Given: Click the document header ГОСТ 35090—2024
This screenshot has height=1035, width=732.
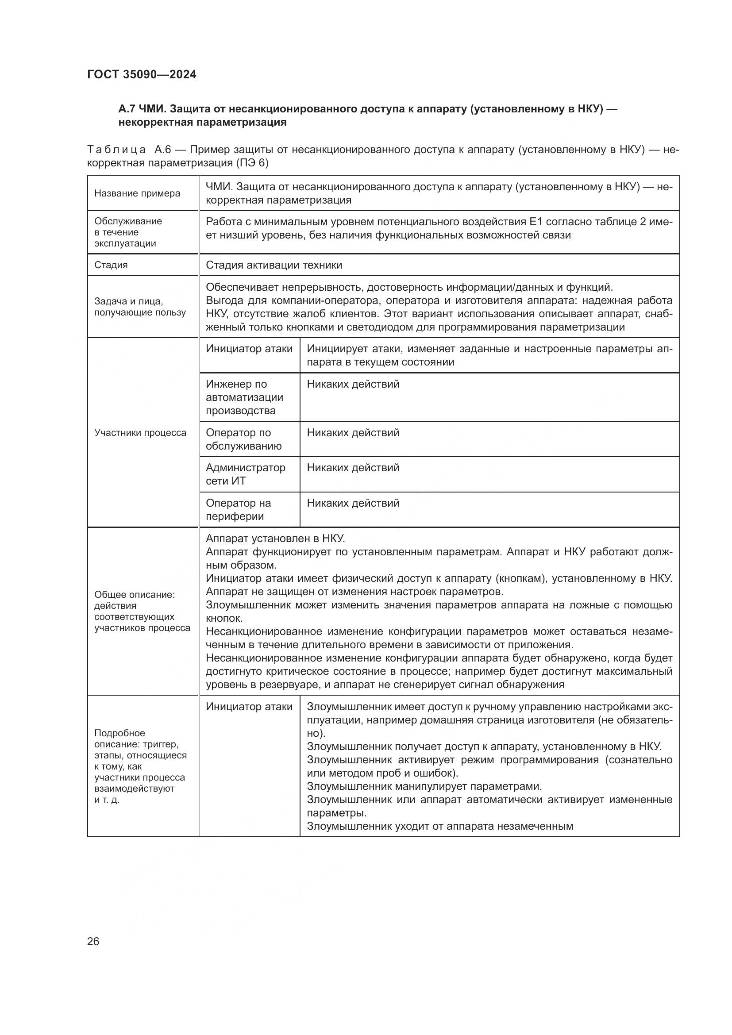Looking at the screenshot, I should coord(142,74).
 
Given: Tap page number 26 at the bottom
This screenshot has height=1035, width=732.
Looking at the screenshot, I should coord(93,941).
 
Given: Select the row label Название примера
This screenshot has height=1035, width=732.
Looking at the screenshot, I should coord(137,193).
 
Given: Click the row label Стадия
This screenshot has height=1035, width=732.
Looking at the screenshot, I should coord(111,265).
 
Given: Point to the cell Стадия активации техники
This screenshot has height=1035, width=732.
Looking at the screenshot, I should coord(274,265).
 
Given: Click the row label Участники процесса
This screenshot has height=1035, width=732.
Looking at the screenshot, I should coord(140,433).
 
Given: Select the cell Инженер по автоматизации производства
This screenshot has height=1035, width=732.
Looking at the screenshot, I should coord(244,397).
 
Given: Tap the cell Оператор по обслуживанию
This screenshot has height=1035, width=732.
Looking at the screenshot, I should coord(243,439).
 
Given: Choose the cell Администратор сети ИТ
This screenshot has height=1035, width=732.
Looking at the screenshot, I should coord(245,474).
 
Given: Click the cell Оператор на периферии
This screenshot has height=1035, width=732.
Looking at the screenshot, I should coord(238,509).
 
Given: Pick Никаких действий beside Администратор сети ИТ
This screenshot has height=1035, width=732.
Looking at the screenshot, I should coord(353,467).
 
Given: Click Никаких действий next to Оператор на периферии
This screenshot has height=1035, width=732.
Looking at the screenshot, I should coord(353,503).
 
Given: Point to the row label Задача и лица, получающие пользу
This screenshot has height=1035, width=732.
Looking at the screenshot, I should coord(140,307).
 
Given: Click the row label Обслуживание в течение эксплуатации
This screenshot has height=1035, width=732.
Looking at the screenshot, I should coord(128,232).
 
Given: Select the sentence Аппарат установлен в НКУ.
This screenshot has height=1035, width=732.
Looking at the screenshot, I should coord(275,538).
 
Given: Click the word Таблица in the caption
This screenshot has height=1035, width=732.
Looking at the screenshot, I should coord(116,150).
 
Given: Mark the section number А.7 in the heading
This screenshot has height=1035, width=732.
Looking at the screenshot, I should coord(127,109).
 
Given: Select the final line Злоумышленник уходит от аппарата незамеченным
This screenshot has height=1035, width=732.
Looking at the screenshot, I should coord(439,826).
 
